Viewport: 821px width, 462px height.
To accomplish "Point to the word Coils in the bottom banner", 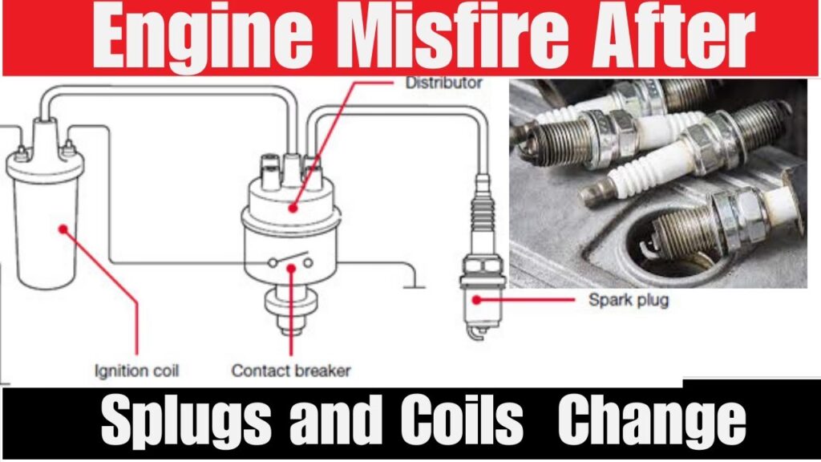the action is click(x=462, y=419).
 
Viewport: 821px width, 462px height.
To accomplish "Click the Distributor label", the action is click(x=443, y=83).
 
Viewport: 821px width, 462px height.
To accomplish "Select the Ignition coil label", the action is click(x=136, y=371).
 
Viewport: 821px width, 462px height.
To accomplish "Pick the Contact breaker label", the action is click(x=290, y=371).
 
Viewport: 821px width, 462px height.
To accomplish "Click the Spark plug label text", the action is click(x=629, y=301).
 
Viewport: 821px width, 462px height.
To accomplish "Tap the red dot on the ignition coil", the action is click(x=63, y=229).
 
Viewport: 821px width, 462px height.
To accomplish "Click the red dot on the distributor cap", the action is click(x=293, y=208).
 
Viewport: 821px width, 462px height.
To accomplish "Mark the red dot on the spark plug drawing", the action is click(x=476, y=300).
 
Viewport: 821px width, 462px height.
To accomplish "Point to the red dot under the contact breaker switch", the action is click(x=291, y=268).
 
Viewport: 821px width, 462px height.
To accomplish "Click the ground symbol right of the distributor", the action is click(x=415, y=286).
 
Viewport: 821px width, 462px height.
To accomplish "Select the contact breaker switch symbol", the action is click(x=290, y=260).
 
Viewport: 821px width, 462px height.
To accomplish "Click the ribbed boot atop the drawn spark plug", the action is click(x=482, y=209).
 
